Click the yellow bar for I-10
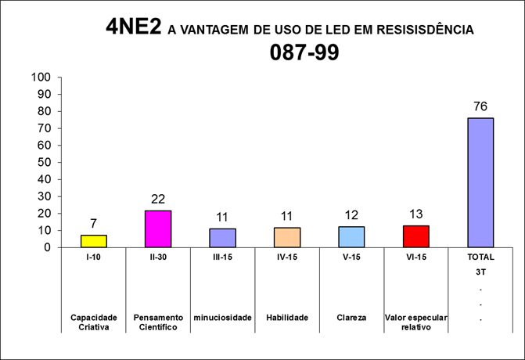click(x=94, y=241)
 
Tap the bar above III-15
click(x=222, y=238)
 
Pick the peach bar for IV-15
click(x=287, y=237)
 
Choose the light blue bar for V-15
click(x=351, y=236)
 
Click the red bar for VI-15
click(x=415, y=236)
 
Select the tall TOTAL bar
click(x=480, y=182)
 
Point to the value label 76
click(x=480, y=106)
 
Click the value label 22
click(x=158, y=199)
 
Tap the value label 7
click(x=94, y=224)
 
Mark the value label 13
click(x=415, y=214)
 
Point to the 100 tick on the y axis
click(x=41, y=77)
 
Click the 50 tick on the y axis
click(x=44, y=162)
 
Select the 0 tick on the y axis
click(x=48, y=247)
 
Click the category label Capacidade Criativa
click(x=94, y=322)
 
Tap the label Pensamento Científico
click(x=158, y=322)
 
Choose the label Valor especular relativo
click(x=415, y=322)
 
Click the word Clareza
click(x=351, y=317)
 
